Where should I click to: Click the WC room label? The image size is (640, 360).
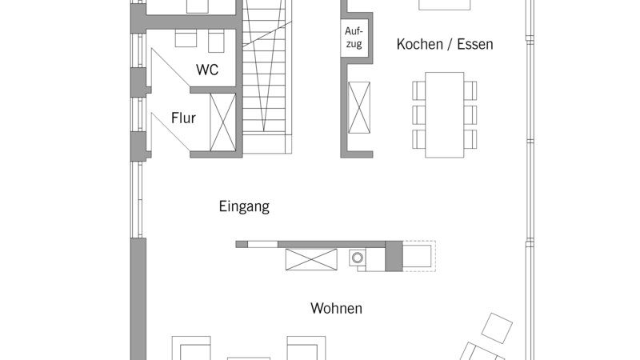coord(207,70)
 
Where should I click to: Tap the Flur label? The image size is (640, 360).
coord(183,118)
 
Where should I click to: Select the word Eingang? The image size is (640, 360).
coord(244,206)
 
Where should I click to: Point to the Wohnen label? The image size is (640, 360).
coord(336,308)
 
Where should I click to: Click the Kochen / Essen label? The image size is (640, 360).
coord(445,44)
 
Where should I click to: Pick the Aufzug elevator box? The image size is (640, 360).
coord(354,38)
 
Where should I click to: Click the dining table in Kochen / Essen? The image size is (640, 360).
coord(445,114)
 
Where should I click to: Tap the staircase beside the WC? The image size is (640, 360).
coord(267,77)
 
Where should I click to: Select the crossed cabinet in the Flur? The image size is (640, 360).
coord(223,122)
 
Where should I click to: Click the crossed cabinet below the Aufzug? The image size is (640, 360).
coord(359,107)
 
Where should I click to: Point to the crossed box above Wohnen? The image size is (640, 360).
coord(311,259)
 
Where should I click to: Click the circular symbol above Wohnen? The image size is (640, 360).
coord(358,258)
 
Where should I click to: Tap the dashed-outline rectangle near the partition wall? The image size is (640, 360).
coord(419,256)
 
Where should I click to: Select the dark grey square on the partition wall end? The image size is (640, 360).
coord(394,256)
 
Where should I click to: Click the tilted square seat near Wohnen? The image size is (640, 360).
coord(497,328)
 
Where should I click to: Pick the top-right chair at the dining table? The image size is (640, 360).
coord(470,90)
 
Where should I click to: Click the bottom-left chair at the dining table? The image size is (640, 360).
coord(418,139)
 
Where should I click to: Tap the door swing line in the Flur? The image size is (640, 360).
coord(170,132)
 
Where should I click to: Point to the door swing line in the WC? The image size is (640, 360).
coord(170,68)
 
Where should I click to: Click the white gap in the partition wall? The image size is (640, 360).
coord(262,245)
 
